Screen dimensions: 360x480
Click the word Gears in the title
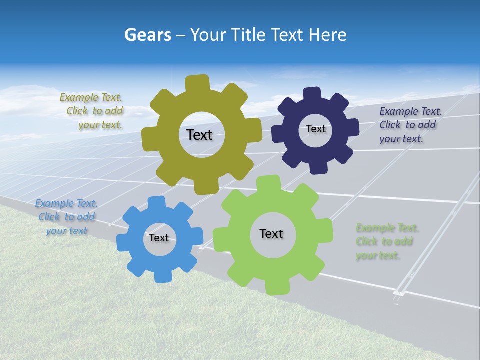coord(147,35)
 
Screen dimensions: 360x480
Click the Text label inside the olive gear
coord(199,135)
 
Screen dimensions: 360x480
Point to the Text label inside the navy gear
coord(315,129)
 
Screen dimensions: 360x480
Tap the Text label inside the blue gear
coord(159,238)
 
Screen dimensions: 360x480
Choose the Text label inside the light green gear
coord(271,233)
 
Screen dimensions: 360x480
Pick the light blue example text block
coord(66,217)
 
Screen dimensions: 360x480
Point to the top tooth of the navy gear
coord(312,94)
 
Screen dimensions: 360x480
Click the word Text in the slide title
coord(287,35)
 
